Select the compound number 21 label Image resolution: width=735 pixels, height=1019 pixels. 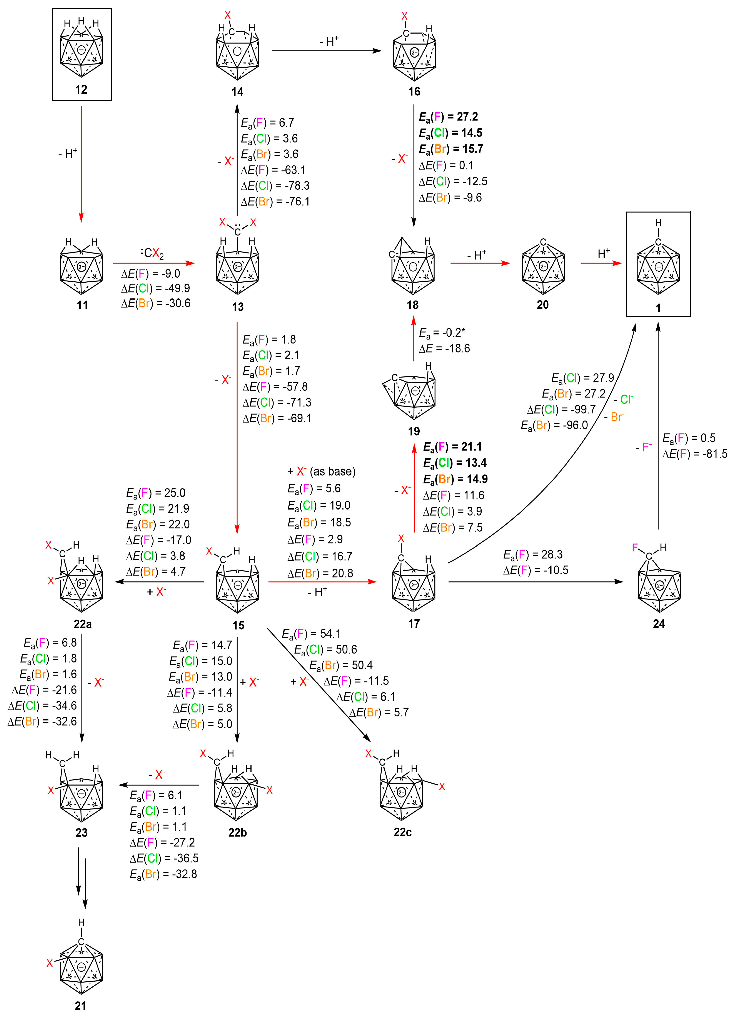(80, 1006)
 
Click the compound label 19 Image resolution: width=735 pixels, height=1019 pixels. (414, 431)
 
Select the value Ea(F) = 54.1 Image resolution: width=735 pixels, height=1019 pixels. (311, 633)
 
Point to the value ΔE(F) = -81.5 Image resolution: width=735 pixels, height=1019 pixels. (695, 454)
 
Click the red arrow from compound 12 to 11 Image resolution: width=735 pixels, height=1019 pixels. (81, 164)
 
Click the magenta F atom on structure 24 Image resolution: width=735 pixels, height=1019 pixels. (635, 547)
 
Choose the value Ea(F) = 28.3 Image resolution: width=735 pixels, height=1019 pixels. (533, 554)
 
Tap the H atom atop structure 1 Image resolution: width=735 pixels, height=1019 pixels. (658, 223)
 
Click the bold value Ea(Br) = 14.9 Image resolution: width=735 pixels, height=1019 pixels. (455, 479)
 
